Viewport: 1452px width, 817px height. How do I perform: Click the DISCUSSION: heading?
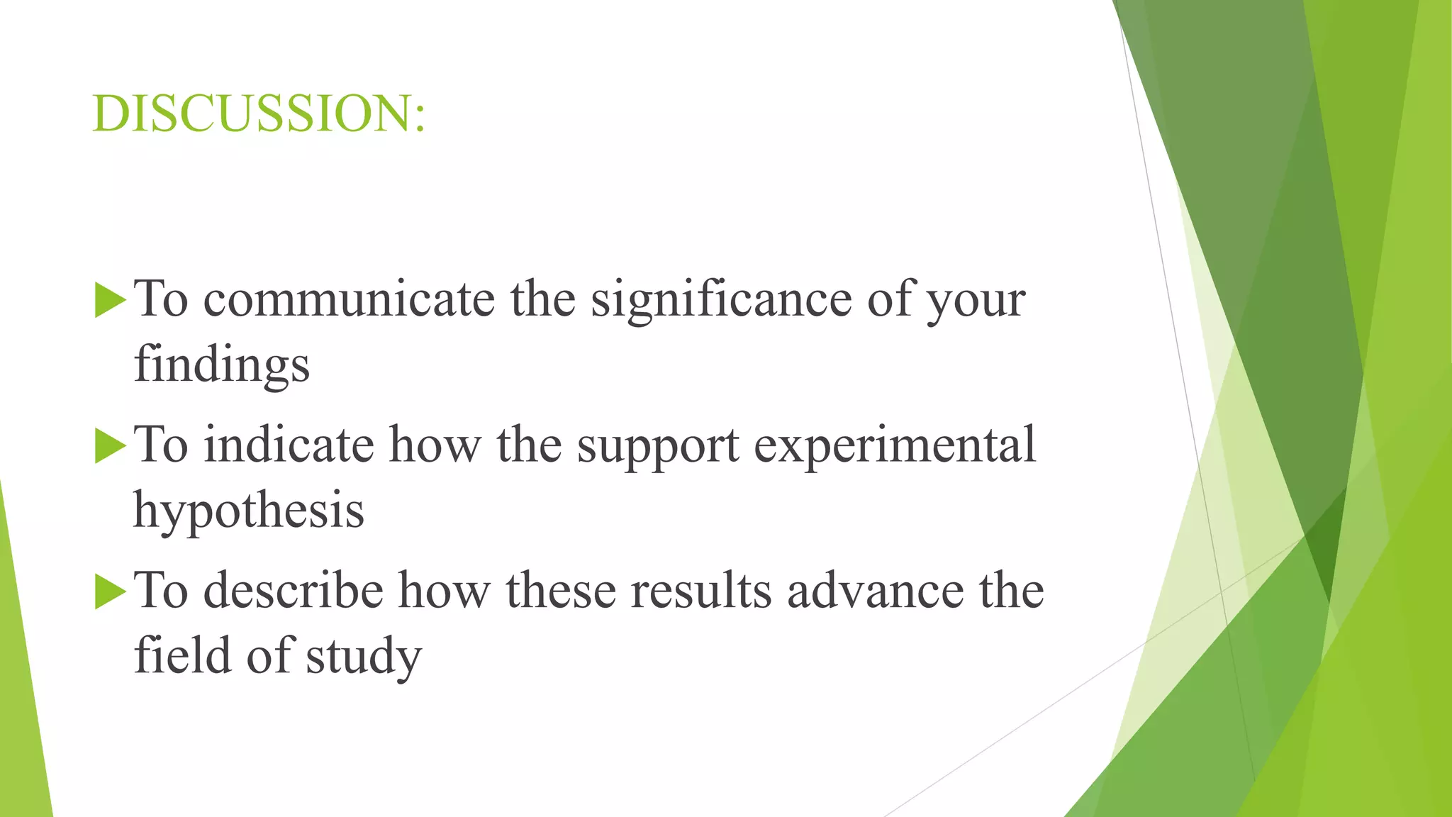pos(259,113)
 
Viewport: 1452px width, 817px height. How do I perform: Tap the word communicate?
pos(349,299)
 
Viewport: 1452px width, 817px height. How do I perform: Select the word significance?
pos(721,301)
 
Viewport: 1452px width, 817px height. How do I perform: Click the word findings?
pos(221,366)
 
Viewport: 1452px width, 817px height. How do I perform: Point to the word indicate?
pos(289,445)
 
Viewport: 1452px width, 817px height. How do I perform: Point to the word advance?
pos(875,591)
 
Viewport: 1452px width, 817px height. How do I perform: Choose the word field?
pos(182,655)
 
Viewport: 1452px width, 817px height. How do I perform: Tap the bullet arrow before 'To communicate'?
pos(109,300)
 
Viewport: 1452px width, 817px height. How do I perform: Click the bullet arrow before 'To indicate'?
pos(109,446)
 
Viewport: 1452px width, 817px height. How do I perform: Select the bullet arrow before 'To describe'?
pos(109,591)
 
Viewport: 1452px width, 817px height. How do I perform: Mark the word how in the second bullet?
pos(434,445)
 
